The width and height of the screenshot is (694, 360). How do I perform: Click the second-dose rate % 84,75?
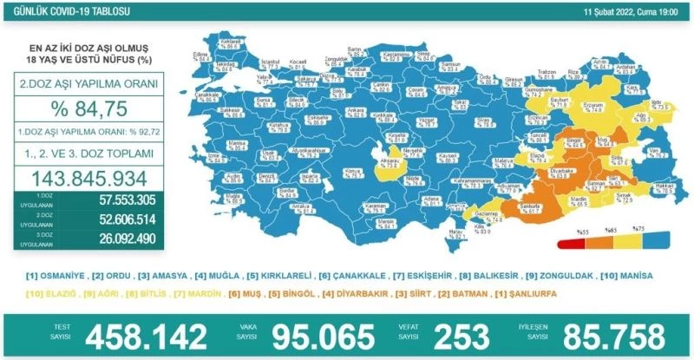coord(95,110)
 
